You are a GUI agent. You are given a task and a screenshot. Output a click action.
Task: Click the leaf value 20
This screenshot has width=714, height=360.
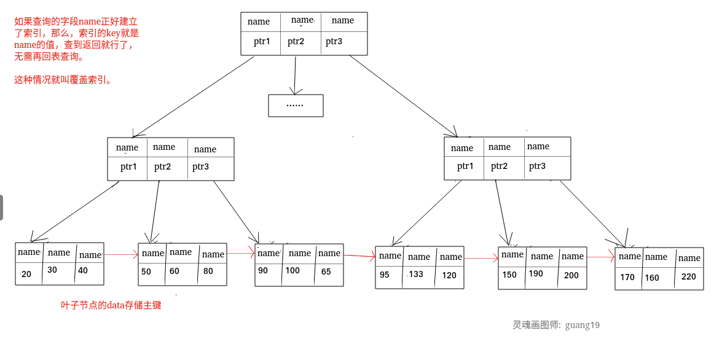(26, 274)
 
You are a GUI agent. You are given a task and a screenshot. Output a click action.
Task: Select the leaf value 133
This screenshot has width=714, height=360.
(416, 274)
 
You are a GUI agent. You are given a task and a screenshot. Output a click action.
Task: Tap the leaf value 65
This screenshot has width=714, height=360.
(326, 272)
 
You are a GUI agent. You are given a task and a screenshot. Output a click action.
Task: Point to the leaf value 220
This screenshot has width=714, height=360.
(689, 276)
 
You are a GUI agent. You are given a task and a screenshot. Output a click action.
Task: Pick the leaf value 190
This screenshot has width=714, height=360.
(536, 273)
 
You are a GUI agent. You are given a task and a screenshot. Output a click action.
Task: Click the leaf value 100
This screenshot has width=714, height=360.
(292, 270)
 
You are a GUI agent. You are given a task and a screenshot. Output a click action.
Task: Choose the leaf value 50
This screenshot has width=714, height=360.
(146, 271)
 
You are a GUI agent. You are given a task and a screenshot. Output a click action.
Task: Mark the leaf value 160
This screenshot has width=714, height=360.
(652, 278)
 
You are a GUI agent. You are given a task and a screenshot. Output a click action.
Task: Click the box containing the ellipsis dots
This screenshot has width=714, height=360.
(296, 105)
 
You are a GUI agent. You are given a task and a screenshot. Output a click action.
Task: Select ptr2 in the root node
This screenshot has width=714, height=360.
(296, 42)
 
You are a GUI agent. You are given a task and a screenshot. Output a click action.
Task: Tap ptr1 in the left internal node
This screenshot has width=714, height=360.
(129, 166)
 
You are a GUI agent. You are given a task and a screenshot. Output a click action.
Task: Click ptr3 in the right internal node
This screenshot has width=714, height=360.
(538, 166)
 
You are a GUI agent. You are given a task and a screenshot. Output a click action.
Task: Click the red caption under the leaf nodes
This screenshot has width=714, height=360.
(111, 305)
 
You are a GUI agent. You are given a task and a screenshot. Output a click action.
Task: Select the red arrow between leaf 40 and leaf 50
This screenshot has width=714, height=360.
(121, 254)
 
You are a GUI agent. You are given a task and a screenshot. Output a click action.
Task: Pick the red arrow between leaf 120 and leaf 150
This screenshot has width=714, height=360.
(481, 259)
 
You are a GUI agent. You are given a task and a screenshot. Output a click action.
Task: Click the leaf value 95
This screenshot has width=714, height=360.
(385, 275)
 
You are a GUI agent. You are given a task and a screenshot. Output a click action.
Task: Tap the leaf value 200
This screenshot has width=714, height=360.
(571, 275)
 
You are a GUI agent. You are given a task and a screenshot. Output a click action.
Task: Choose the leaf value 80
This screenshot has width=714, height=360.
(208, 271)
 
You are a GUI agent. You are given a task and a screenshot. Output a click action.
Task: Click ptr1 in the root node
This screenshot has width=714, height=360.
(262, 42)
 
